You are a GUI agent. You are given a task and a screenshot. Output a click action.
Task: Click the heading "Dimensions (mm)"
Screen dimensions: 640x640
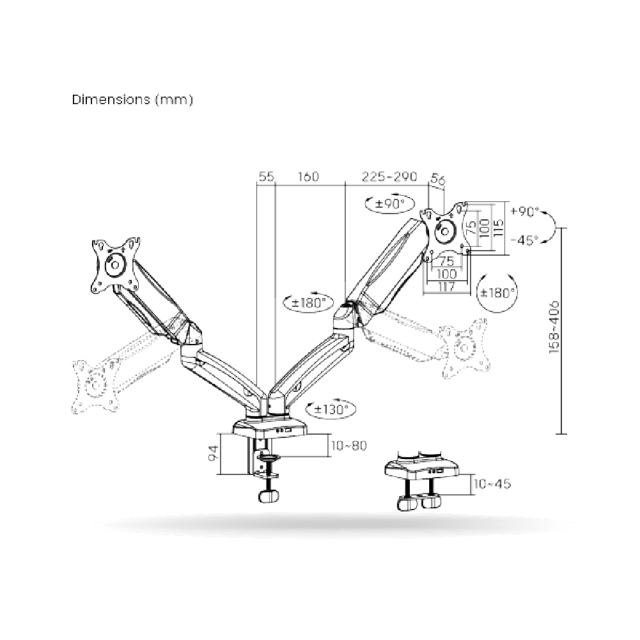pyautogui.click(x=132, y=100)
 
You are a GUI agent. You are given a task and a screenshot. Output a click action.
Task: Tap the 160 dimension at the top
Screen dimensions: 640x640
pyautogui.click(x=309, y=176)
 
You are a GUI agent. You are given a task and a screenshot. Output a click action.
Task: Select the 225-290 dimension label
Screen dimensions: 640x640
pyautogui.click(x=389, y=176)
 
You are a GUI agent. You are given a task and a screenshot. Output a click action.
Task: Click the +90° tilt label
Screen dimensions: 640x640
pyautogui.click(x=525, y=211)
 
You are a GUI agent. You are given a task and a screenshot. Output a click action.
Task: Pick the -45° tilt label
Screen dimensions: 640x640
pyautogui.click(x=525, y=240)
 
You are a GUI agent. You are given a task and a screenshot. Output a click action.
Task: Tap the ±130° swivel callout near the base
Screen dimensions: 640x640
pyautogui.click(x=331, y=409)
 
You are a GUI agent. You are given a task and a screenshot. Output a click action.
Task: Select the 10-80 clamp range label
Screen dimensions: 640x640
pyautogui.click(x=349, y=446)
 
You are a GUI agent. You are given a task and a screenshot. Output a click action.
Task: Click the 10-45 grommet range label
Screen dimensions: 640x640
pyautogui.click(x=492, y=484)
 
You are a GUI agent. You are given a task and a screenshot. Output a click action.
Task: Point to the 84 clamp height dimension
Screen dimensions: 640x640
pyautogui.click(x=214, y=455)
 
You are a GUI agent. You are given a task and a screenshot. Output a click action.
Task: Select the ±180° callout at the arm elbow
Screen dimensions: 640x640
pyautogui.click(x=308, y=302)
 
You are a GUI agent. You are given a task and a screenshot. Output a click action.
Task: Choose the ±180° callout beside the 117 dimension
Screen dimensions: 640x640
pyautogui.click(x=498, y=292)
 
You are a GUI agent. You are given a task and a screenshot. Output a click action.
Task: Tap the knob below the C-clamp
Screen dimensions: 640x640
pyautogui.click(x=270, y=496)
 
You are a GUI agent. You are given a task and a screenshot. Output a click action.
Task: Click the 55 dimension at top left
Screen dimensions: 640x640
pyautogui.click(x=265, y=176)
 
